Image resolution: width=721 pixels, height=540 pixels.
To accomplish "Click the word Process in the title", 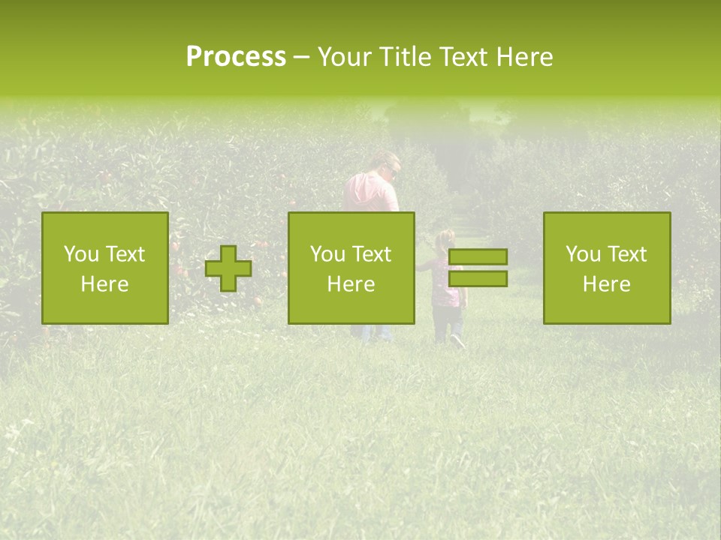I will (x=236, y=57).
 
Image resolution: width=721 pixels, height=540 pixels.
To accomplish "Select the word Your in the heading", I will (x=345, y=57).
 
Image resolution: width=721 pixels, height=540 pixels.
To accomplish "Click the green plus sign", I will (x=228, y=268).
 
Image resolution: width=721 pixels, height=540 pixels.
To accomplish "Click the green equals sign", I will (x=478, y=268).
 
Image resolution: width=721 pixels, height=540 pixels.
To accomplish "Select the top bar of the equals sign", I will (x=478, y=257).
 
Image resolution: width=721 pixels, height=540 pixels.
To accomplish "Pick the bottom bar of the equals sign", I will (x=478, y=279).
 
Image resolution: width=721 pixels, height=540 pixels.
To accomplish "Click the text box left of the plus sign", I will (x=105, y=268).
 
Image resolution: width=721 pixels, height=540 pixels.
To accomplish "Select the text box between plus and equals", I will (x=351, y=268).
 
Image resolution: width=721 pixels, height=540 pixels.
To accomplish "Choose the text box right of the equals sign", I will (x=606, y=268).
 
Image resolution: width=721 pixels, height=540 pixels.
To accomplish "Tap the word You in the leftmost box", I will (x=80, y=254).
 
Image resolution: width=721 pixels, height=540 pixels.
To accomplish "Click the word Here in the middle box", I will (x=351, y=284).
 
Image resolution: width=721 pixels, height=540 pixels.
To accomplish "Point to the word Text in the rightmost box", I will (x=627, y=254).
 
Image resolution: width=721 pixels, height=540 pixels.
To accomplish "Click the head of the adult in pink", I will (x=388, y=163).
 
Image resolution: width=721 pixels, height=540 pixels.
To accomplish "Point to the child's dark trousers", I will (x=448, y=324).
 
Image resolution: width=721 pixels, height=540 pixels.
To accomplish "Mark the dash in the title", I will (x=301, y=57).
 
